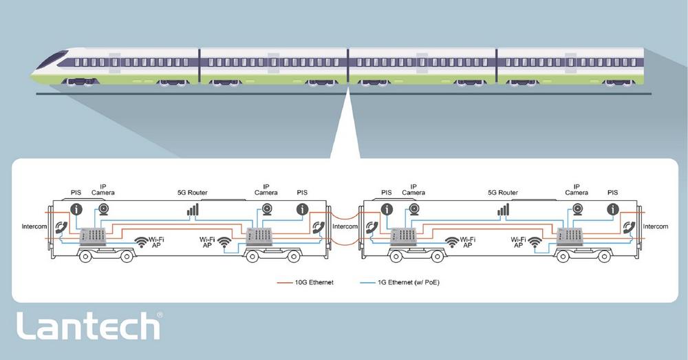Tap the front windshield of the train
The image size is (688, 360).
point(52,60)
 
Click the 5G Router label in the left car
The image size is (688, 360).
point(193,193)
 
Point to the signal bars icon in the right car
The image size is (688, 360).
point(504,209)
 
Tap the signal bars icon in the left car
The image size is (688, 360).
point(193,209)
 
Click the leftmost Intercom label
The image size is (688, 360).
point(34,226)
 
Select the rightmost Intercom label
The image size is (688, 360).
point(655,226)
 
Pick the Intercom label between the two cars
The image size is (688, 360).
point(345,226)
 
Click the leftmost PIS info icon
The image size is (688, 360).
point(76,209)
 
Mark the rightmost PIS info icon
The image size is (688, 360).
point(611,209)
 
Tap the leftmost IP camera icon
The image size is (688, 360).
point(104,209)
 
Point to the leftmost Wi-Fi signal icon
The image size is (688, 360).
point(141,242)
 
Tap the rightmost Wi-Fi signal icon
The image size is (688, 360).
point(535,242)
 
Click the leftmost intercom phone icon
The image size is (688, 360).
point(61,227)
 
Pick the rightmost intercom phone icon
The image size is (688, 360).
point(628,227)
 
